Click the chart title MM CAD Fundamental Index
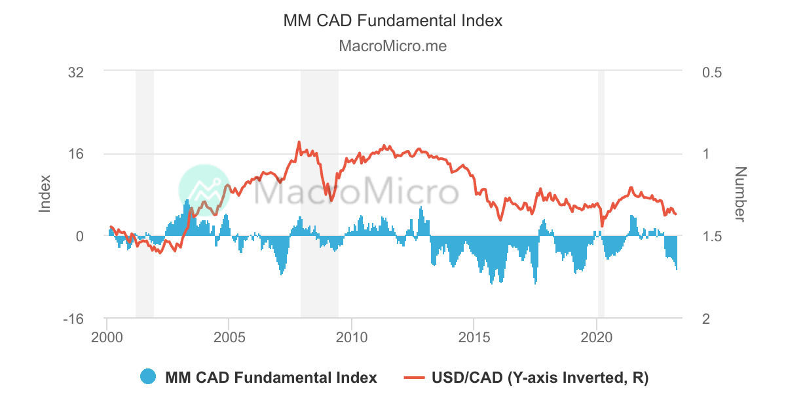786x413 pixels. pyautogui.click(x=393, y=20)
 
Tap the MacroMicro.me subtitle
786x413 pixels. pyautogui.click(x=393, y=46)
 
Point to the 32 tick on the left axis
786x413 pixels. pyautogui.click(x=75, y=71)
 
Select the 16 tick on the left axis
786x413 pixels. pyautogui.click(x=75, y=154)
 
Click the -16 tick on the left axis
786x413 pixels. pyautogui.click(x=73, y=319)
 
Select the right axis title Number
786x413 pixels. pyautogui.click(x=740, y=194)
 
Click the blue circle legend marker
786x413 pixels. pyautogui.click(x=148, y=377)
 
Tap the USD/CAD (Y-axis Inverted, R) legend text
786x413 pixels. pyautogui.click(x=540, y=378)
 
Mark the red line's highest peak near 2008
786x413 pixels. pyautogui.click(x=299, y=142)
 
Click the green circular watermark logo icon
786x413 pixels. pyautogui.click(x=204, y=190)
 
